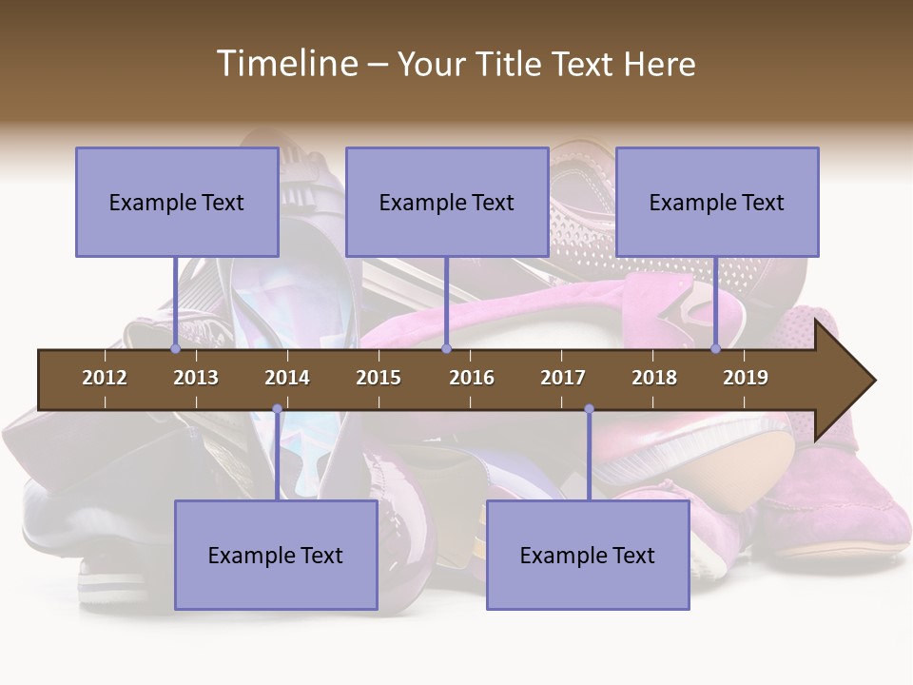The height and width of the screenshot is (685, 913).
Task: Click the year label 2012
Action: pyautogui.click(x=105, y=378)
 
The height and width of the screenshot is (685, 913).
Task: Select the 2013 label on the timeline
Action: pyautogui.click(x=196, y=378)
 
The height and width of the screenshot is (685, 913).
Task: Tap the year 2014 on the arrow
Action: pyautogui.click(x=287, y=378)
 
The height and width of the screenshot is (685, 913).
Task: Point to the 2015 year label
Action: pyautogui.click(x=379, y=378)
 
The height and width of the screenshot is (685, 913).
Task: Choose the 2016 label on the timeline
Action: pyautogui.click(x=472, y=378)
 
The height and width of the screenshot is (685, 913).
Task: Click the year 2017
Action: pyautogui.click(x=563, y=378)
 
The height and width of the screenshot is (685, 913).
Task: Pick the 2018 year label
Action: pyautogui.click(x=654, y=378)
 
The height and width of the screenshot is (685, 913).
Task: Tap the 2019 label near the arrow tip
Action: pyautogui.click(x=746, y=378)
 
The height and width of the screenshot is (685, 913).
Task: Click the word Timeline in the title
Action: pyautogui.click(x=285, y=64)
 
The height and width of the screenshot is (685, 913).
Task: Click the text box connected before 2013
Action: pyautogui.click(x=177, y=202)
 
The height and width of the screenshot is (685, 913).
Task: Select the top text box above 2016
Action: pyautogui.click(x=447, y=202)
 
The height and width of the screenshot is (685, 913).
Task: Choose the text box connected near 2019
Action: pyautogui.click(x=717, y=202)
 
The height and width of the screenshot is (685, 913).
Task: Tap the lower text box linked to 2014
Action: pyautogui.click(x=276, y=555)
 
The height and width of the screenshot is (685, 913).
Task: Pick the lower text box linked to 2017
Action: pyautogui.click(x=588, y=555)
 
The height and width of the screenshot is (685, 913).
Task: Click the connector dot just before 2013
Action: pyautogui.click(x=176, y=349)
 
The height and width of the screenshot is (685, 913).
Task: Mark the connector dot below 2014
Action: pyautogui.click(x=277, y=409)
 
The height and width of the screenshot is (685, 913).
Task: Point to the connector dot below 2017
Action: pyautogui.click(x=589, y=409)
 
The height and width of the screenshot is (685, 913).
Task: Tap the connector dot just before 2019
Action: pyautogui.click(x=716, y=349)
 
